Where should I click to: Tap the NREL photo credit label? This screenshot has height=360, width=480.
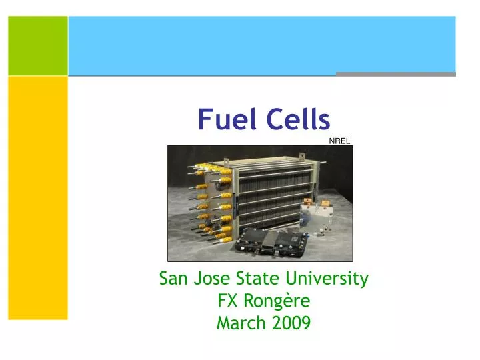[339, 141]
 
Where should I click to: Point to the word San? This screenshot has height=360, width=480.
[173, 279]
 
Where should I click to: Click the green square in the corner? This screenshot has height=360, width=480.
[38, 45]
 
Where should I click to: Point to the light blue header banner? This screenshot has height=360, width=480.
[261, 44]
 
